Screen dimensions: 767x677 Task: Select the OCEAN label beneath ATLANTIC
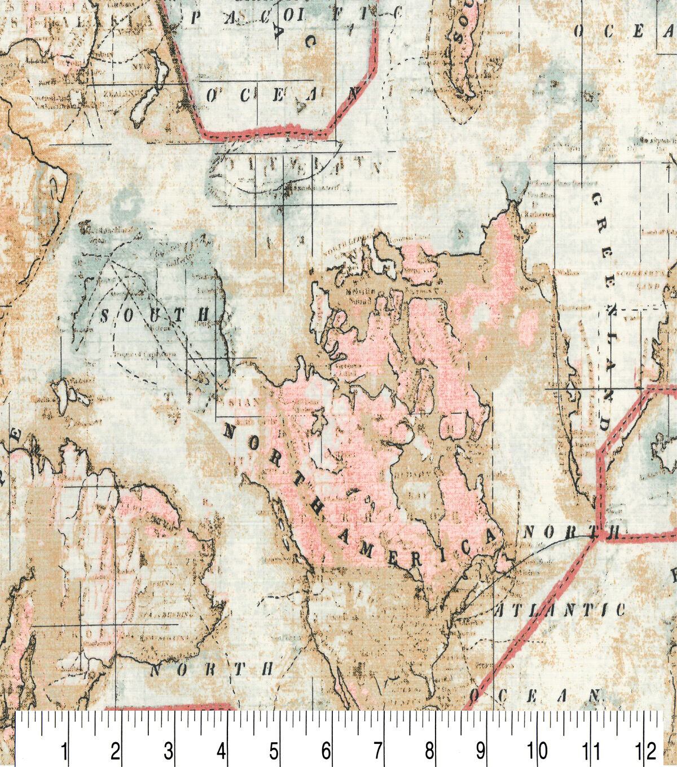[534, 695]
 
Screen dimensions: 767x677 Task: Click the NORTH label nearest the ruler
[211, 669]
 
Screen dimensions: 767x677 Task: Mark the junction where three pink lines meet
[599, 533]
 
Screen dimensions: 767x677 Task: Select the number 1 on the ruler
[64, 751]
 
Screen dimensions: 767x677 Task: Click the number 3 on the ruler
[168, 751]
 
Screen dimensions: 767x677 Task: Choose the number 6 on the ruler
[326, 751]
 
